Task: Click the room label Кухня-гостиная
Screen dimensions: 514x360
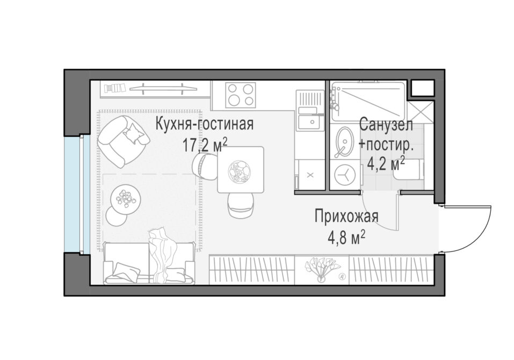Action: coord(204,124)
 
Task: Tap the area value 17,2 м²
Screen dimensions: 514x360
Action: coord(205,145)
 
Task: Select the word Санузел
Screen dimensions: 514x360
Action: coord(386,125)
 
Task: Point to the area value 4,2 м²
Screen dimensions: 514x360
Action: coord(386,163)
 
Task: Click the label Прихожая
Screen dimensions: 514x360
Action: coord(346,217)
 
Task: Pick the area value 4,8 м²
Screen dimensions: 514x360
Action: coord(346,237)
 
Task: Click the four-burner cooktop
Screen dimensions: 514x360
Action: coord(240,95)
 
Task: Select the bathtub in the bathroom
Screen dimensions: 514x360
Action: coord(368,101)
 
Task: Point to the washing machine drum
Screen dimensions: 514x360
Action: coord(344,175)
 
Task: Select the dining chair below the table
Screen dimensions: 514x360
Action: coord(241,205)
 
